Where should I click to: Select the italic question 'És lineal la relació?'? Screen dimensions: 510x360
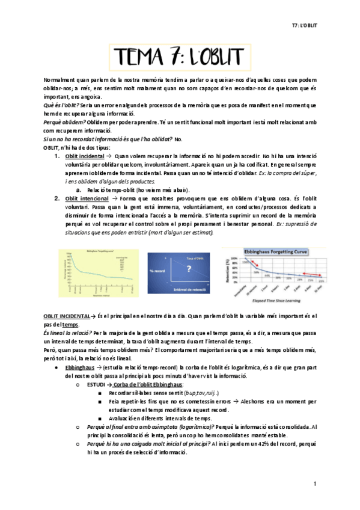click(x=68, y=332)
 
